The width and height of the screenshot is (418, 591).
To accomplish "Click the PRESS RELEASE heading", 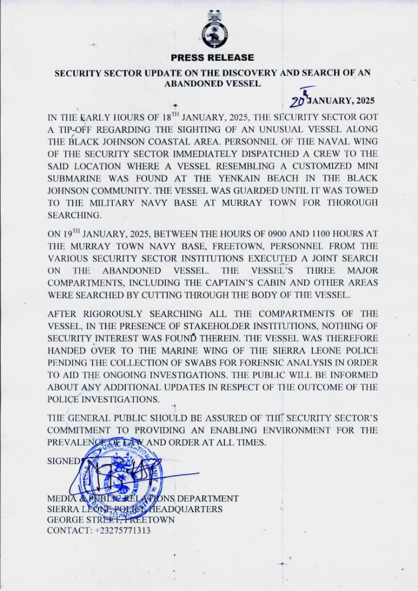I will tap(212, 57).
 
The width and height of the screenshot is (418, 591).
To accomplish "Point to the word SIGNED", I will tap(63, 461).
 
